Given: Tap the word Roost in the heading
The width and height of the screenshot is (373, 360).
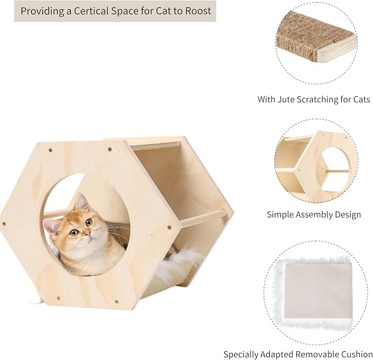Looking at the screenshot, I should [197, 11].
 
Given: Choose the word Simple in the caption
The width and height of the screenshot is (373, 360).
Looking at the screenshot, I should [281, 214].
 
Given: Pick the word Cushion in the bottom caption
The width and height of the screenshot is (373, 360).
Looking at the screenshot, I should [354, 355].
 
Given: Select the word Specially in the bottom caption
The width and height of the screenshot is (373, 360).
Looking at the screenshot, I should [240, 355].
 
